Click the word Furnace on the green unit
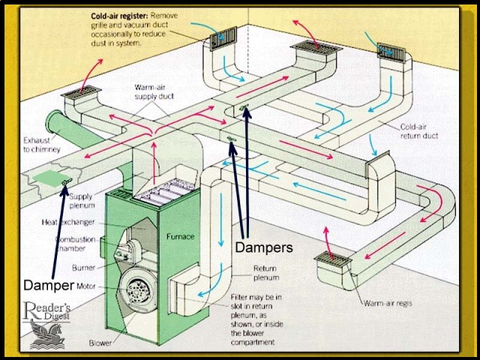[x=179, y=237]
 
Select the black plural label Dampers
[x=263, y=247]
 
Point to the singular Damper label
[x=49, y=285]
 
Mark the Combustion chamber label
[x=74, y=244]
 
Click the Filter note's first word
[x=240, y=297]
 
